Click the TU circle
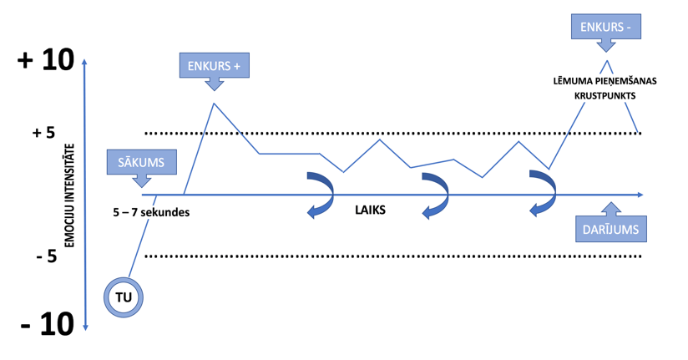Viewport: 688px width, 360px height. pos(124,297)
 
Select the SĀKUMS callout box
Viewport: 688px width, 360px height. pos(142,162)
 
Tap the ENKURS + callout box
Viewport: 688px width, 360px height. pos(215,65)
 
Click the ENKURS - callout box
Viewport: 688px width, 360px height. pos(606,28)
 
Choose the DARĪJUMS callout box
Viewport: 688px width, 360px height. pos(611,228)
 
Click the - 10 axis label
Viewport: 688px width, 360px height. pos(47,324)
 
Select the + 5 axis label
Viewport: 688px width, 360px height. pos(43,133)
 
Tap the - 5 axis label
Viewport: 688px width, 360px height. pos(46,256)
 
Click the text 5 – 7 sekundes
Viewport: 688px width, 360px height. pos(151,212)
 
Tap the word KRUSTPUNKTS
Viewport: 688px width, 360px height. pos(605,96)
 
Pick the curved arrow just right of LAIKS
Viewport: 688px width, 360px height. pos(435,195)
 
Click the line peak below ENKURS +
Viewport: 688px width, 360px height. pos(215,104)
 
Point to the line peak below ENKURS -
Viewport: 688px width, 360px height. pos(606,61)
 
